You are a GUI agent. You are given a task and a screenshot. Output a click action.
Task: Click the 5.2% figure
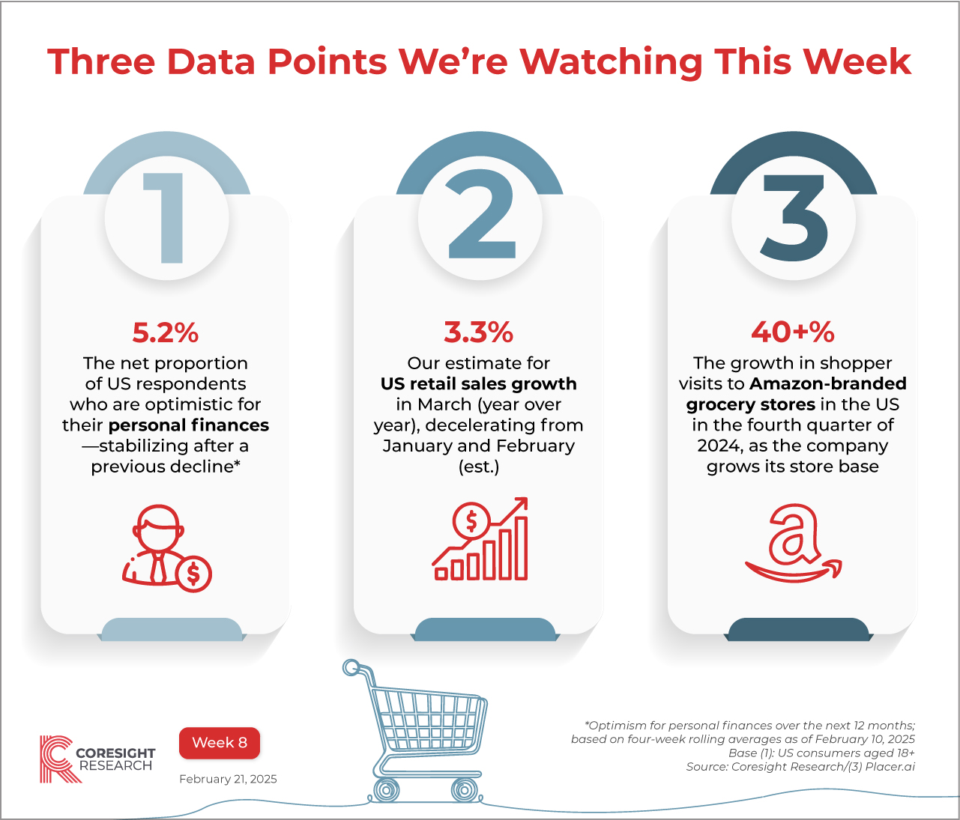166,332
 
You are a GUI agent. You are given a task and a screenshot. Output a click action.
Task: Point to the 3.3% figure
478,332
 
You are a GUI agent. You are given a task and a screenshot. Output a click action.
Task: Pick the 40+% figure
793,332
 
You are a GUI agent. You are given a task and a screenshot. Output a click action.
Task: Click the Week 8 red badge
220,743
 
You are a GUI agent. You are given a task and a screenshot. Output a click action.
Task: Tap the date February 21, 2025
228,780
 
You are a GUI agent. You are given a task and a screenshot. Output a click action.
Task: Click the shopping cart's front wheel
464,789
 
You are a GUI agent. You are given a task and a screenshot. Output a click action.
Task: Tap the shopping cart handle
351,666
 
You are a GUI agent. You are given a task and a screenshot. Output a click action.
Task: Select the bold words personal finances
189,425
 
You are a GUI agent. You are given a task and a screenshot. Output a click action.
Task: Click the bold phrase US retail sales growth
479,384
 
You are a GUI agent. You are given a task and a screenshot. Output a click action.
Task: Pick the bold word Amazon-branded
828,384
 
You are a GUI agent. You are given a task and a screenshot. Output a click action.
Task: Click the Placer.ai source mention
890,767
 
